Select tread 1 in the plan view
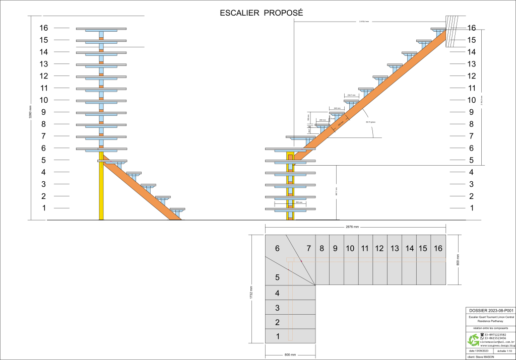[277, 336]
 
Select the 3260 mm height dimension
[30, 118]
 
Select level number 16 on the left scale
[44, 28]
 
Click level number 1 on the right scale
[472, 208]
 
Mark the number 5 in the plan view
[277, 277]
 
